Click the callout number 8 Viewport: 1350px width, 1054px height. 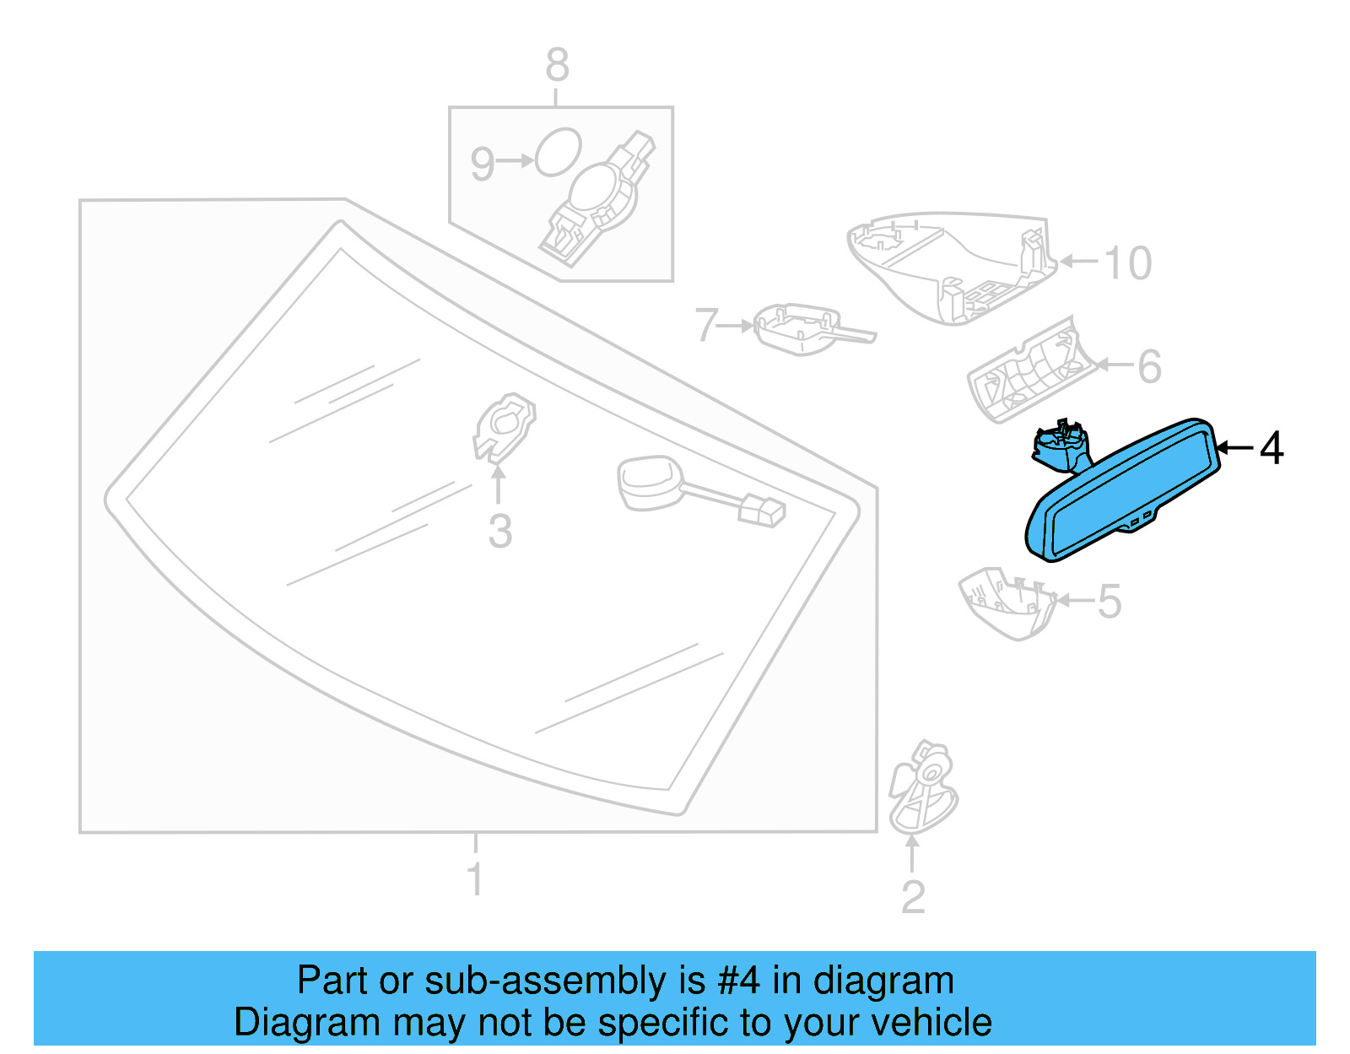click(557, 65)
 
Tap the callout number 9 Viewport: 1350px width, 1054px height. click(482, 165)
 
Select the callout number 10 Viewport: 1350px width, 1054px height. click(1127, 262)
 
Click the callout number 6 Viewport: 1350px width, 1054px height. click(1149, 366)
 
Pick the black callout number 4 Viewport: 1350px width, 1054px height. click(1271, 448)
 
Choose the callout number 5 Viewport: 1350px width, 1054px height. click(1110, 601)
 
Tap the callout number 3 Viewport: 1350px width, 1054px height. click(500, 532)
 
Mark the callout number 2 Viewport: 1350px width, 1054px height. click(913, 897)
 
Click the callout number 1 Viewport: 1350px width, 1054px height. click(475, 878)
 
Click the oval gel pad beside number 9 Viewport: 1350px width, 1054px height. click(558, 152)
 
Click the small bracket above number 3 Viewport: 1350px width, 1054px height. click(504, 427)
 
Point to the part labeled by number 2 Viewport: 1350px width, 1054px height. click(923, 787)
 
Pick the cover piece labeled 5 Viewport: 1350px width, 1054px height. click(1007, 601)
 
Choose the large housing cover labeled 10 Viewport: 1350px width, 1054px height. click(951, 267)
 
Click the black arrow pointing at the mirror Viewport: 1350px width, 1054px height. click(1235, 447)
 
